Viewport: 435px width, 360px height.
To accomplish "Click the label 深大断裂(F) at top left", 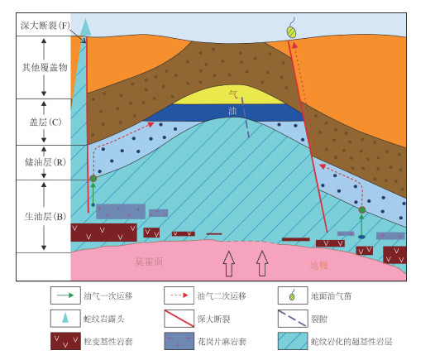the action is pyautogui.click(x=45, y=26).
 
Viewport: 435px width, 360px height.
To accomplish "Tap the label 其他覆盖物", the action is pyautogui.click(x=45, y=67).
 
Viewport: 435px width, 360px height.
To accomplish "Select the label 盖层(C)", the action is pyautogui.click(x=45, y=122).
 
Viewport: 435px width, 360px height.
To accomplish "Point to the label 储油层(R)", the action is pyautogui.click(x=45, y=162).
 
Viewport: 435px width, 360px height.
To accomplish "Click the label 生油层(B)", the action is pyautogui.click(x=45, y=217).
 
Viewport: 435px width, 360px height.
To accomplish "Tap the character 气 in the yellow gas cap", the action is pyautogui.click(x=233, y=94).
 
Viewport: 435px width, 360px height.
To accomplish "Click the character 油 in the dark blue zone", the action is pyautogui.click(x=232, y=111).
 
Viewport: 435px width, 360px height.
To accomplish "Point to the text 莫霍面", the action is pyautogui.click(x=149, y=262).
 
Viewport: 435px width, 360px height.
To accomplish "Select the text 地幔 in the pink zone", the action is pyautogui.click(x=319, y=266).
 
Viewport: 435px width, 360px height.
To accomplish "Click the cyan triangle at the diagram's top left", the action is pyautogui.click(x=86, y=27).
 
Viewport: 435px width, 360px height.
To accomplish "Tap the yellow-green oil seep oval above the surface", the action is pyautogui.click(x=291, y=32).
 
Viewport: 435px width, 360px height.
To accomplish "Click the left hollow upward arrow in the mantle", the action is pyautogui.click(x=229, y=263).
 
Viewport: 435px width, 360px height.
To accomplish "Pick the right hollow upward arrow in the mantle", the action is pyautogui.click(x=262, y=263).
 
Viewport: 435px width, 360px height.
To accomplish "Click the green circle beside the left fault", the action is pyautogui.click(x=93, y=179).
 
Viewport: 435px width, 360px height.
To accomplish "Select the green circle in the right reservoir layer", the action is pyautogui.click(x=361, y=210).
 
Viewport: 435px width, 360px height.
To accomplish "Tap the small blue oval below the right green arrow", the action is pyautogui.click(x=361, y=237).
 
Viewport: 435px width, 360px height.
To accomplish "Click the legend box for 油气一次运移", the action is pyautogui.click(x=65, y=295).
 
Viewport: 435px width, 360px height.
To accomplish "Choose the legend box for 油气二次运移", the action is pyautogui.click(x=179, y=295).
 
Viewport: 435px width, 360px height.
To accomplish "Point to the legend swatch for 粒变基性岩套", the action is pyautogui.click(x=65, y=341).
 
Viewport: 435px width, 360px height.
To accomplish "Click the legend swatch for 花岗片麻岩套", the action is pyautogui.click(x=179, y=341).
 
